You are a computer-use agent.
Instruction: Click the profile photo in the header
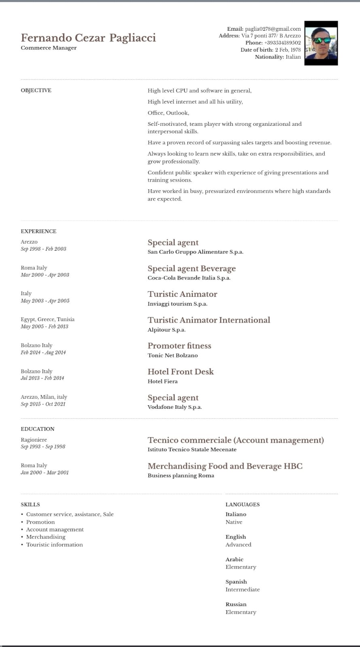(321, 43)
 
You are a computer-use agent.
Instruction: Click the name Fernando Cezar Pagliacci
(88, 38)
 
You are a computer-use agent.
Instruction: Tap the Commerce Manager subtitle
(49, 48)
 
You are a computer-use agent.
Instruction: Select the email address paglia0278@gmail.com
(273, 29)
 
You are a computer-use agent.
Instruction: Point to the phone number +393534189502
(282, 43)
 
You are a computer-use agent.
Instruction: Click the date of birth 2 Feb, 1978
(288, 50)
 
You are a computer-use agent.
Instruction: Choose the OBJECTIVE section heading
(36, 90)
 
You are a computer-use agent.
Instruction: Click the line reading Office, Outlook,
(168, 113)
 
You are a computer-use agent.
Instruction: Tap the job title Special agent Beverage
(191, 269)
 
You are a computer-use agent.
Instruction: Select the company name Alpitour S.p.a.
(166, 330)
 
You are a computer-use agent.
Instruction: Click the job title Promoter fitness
(179, 346)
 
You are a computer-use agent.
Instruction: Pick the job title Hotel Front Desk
(180, 372)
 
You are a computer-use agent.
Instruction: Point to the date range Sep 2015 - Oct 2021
(43, 404)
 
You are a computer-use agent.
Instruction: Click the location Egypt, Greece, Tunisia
(48, 319)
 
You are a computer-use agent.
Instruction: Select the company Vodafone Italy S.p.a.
(174, 407)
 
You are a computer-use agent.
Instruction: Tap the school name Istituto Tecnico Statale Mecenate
(192, 449)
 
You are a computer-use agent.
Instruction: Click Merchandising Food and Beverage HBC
(225, 466)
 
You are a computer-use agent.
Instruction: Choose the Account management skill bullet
(55, 529)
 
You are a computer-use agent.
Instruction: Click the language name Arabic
(234, 559)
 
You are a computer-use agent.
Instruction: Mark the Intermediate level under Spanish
(243, 590)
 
